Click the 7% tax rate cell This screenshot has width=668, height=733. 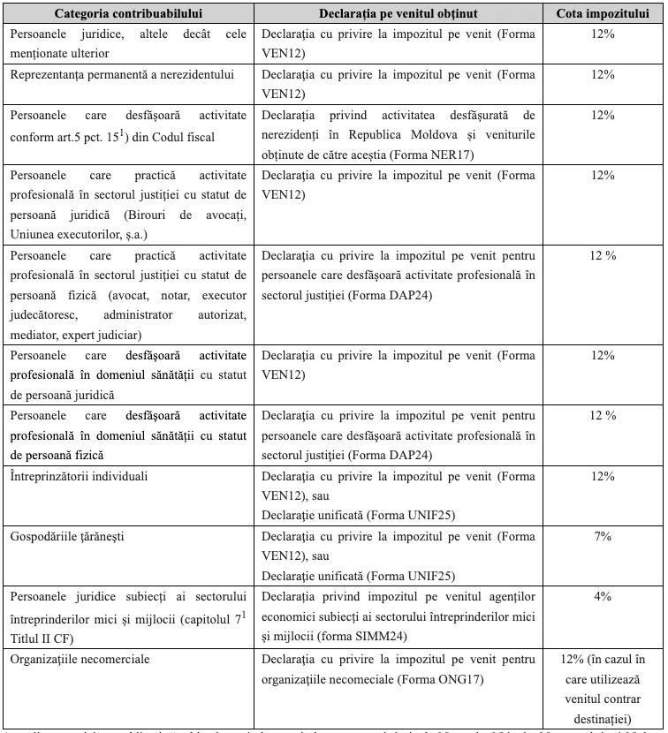click(x=603, y=536)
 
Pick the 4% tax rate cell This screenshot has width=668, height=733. click(x=603, y=597)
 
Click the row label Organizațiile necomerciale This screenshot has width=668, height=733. click(x=80, y=659)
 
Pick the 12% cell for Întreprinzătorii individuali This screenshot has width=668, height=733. click(x=603, y=476)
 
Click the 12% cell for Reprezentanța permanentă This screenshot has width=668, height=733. click(x=603, y=74)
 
